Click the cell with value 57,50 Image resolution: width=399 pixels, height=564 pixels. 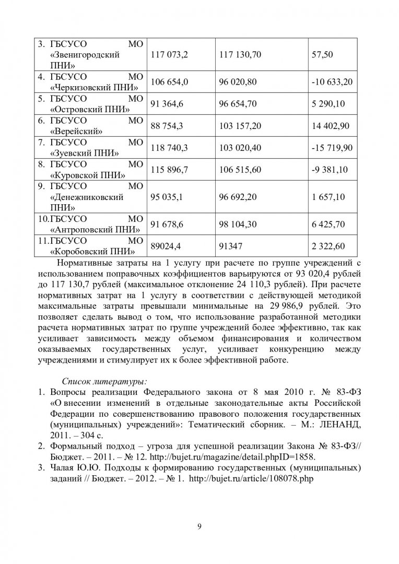322,54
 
